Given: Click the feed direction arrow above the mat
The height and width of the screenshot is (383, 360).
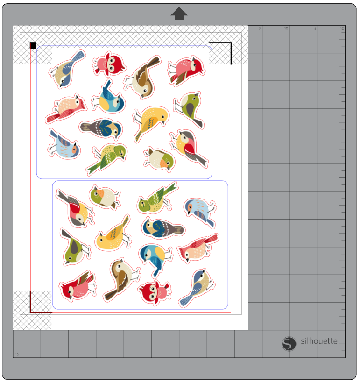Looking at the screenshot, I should click(x=179, y=14).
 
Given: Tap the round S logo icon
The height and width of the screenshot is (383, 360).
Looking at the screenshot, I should click(x=289, y=344).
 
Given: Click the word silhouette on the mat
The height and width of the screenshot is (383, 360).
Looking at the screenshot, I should click(x=319, y=341).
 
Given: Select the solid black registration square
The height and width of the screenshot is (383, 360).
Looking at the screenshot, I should click(x=33, y=45).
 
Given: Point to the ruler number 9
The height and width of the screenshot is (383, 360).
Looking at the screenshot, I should click(x=260, y=28).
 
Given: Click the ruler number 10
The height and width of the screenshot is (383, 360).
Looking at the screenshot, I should click(x=286, y=28).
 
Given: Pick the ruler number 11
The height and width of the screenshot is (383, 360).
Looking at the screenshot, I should click(x=314, y=28).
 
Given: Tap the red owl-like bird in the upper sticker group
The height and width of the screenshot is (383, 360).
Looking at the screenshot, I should click(x=109, y=64).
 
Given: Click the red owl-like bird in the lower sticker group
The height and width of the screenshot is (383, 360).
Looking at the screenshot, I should click(x=155, y=291).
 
